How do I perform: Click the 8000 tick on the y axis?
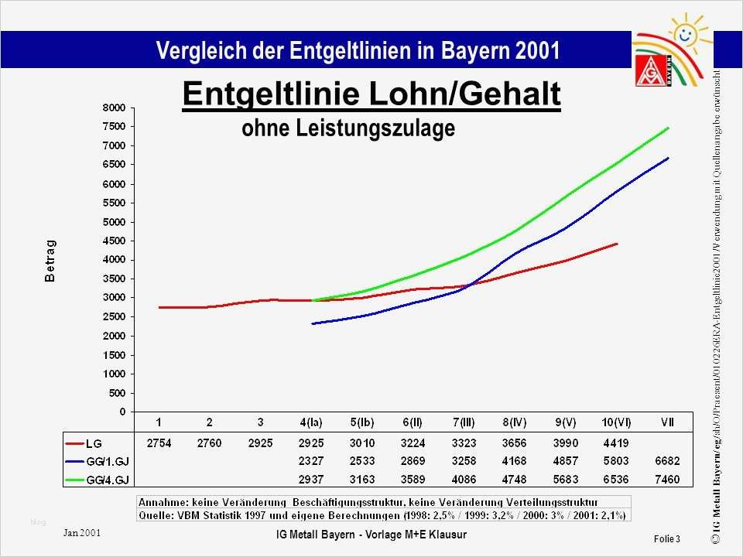(x=114, y=108)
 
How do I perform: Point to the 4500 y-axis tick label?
(x=114, y=241)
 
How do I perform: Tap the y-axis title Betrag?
(x=50, y=259)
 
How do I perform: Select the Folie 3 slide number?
(x=666, y=538)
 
